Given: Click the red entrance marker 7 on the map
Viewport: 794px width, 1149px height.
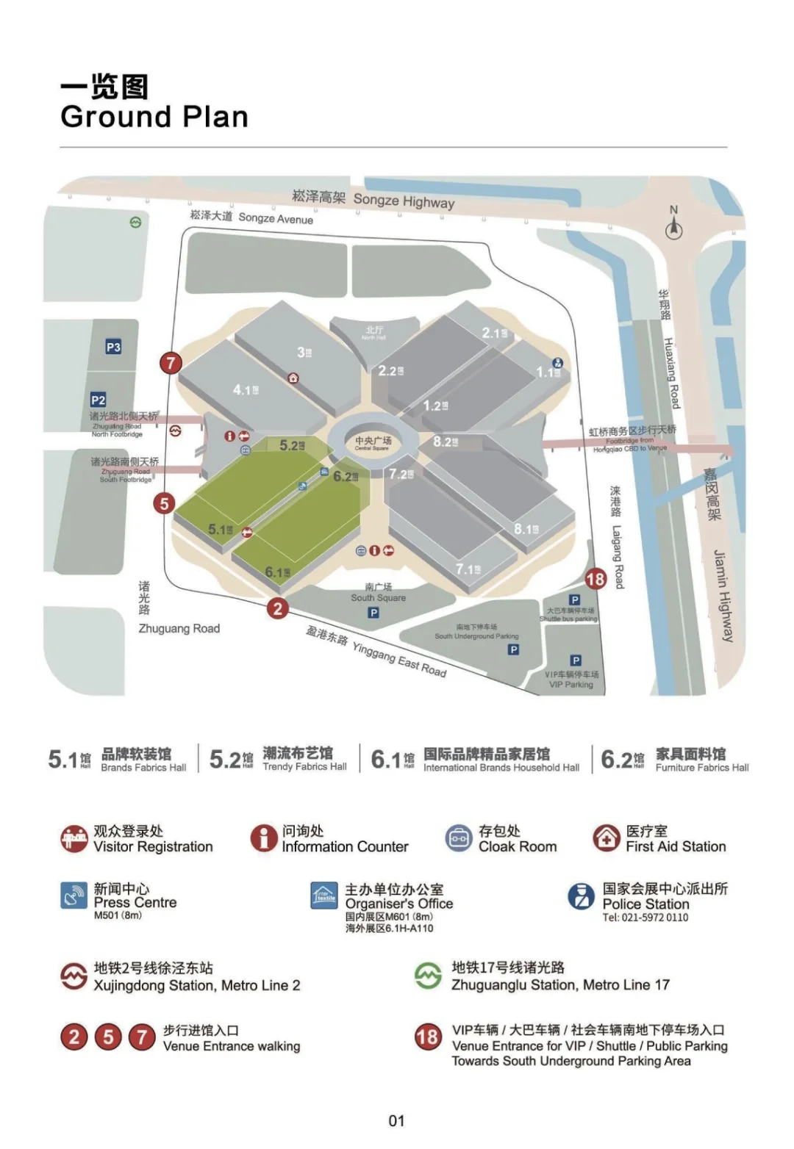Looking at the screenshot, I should pos(171,362).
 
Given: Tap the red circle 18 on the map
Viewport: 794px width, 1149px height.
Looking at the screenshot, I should pos(595,579).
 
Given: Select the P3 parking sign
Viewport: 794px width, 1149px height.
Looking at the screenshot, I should pos(113,347).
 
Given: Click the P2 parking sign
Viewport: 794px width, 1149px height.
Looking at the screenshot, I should pos(98,400).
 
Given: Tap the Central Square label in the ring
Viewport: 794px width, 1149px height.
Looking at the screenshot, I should pos(373,443).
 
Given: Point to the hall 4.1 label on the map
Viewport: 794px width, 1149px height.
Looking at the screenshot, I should pos(246,390).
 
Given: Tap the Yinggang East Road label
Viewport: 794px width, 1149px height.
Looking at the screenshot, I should pos(376,651).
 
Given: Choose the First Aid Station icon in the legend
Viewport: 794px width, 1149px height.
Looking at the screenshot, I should pos(607,838).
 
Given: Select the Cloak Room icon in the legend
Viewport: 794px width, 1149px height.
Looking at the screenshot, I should pos(459,838).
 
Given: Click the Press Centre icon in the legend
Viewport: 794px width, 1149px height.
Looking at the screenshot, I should pos(74,896).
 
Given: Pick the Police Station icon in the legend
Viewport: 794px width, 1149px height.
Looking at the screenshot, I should pos(582,896).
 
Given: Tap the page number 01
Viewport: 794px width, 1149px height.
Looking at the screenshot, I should pos(396,1120).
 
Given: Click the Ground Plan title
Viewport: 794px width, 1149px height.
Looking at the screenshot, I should pos(154,117).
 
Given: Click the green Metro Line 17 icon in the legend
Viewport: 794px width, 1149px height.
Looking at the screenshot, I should pos(428,976).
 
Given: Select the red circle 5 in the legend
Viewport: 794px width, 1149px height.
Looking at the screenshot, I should pos(108,1037).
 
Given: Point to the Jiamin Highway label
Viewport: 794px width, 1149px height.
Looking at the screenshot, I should pos(723,595).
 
